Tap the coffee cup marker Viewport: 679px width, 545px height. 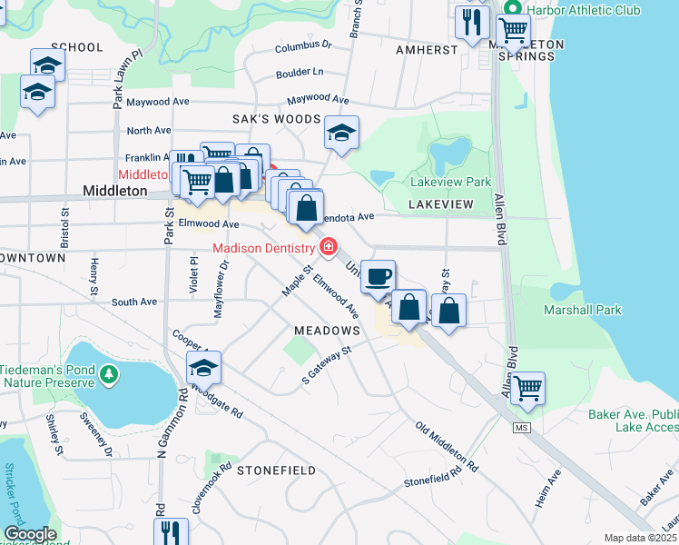point(379,276)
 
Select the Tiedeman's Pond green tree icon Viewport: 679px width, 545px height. point(108,373)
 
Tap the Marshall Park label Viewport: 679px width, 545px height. point(582,310)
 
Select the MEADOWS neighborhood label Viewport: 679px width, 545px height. point(326,332)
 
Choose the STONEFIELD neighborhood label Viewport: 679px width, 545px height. point(276,471)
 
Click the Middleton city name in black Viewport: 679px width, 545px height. point(114,191)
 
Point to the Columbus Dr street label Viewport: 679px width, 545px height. point(303,45)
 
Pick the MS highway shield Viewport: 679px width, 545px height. point(520,427)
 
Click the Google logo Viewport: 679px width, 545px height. point(30,534)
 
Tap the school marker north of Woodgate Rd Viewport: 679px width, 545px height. point(204,368)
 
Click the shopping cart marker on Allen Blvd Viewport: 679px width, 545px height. point(527,389)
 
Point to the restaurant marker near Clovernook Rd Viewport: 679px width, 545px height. point(171,532)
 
